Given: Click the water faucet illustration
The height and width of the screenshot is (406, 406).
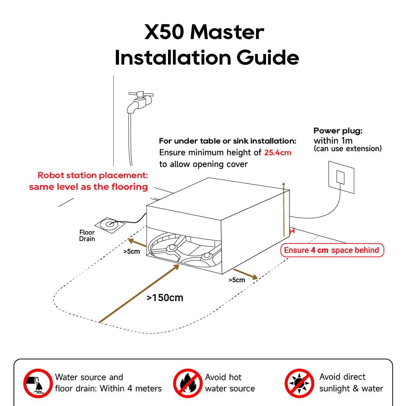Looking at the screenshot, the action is coord(140,103).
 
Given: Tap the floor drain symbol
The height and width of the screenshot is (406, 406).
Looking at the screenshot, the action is coord(110,225).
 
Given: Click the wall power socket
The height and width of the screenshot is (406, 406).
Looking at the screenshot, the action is coord(341,177).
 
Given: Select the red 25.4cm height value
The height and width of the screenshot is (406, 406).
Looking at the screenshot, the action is coord(277,153).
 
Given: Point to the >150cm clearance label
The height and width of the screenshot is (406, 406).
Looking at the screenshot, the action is coord(165,298).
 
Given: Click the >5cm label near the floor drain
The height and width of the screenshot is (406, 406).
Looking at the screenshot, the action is coord(132,251).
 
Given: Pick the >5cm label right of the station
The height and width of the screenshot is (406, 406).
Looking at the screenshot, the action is coord(237,280).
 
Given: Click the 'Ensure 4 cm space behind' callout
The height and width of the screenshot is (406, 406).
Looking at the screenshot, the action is coord(332,250).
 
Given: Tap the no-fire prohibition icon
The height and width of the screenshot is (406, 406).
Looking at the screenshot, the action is coord(188,383).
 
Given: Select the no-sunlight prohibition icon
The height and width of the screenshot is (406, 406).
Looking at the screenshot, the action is coord(299,383).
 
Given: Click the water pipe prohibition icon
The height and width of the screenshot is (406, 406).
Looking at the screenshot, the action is coord(38,383).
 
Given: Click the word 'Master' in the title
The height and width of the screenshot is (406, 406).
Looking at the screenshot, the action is coord(227,32).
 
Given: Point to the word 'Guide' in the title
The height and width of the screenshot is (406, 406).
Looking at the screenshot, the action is coord(268,58).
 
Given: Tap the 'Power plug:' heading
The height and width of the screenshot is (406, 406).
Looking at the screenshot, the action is coord(338,131).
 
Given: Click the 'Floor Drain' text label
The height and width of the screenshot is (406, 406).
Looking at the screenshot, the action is coord(87,235).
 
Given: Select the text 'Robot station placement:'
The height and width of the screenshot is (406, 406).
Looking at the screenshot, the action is coord(93,175).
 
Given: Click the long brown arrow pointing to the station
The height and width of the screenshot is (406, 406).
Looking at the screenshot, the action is coord(139,293).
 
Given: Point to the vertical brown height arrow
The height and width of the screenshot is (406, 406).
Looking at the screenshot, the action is coord(284,209).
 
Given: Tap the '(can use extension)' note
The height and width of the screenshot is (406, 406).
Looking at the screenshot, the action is coord(348,148).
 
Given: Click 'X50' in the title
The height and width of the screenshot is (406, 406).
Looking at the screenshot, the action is coord(164,32).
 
